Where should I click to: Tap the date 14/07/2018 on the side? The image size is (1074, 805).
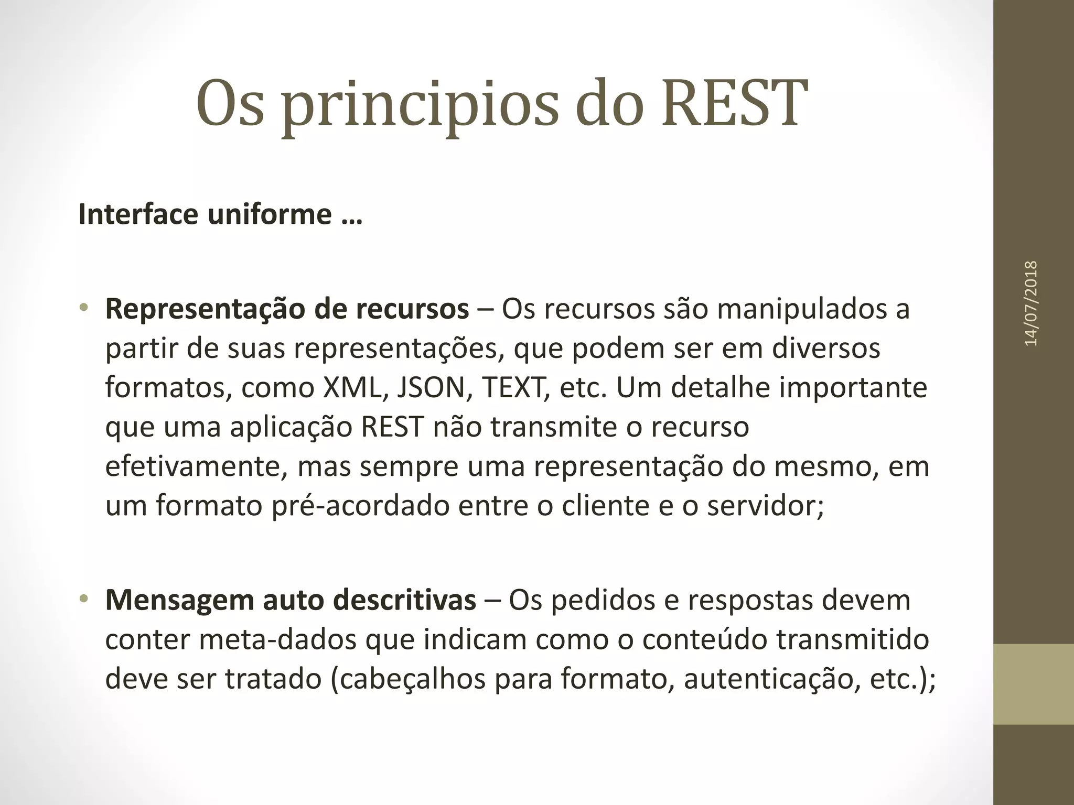pyautogui.click(x=1031, y=303)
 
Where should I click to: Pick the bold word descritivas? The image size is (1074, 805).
pyautogui.click(x=404, y=601)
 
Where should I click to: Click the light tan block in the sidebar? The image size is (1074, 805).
pyautogui.click(x=1034, y=684)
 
